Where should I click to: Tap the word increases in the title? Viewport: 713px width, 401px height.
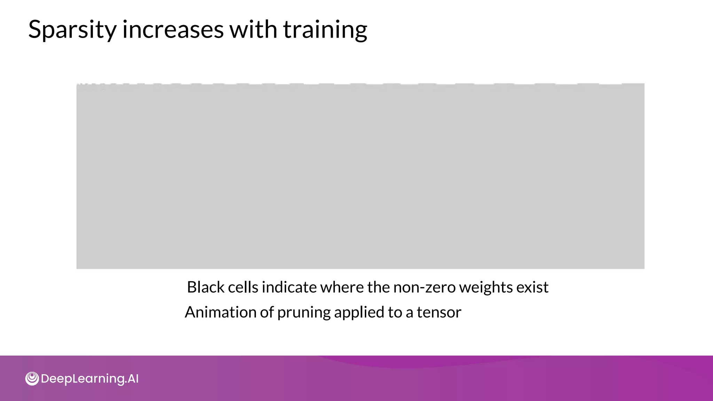point(173,29)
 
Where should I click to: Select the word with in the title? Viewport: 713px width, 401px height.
point(253,29)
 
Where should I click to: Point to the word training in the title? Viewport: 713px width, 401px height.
point(325,30)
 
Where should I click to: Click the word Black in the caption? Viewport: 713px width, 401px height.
point(205,288)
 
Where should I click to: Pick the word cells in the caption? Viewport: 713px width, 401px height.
point(243,288)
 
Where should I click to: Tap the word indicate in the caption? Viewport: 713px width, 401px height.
point(289,288)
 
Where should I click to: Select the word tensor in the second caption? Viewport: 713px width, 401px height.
point(439,312)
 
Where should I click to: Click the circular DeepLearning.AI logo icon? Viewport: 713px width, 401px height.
point(32,379)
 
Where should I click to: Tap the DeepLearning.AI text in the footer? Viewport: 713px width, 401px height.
point(90,379)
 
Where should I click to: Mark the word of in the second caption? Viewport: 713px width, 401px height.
point(267,312)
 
